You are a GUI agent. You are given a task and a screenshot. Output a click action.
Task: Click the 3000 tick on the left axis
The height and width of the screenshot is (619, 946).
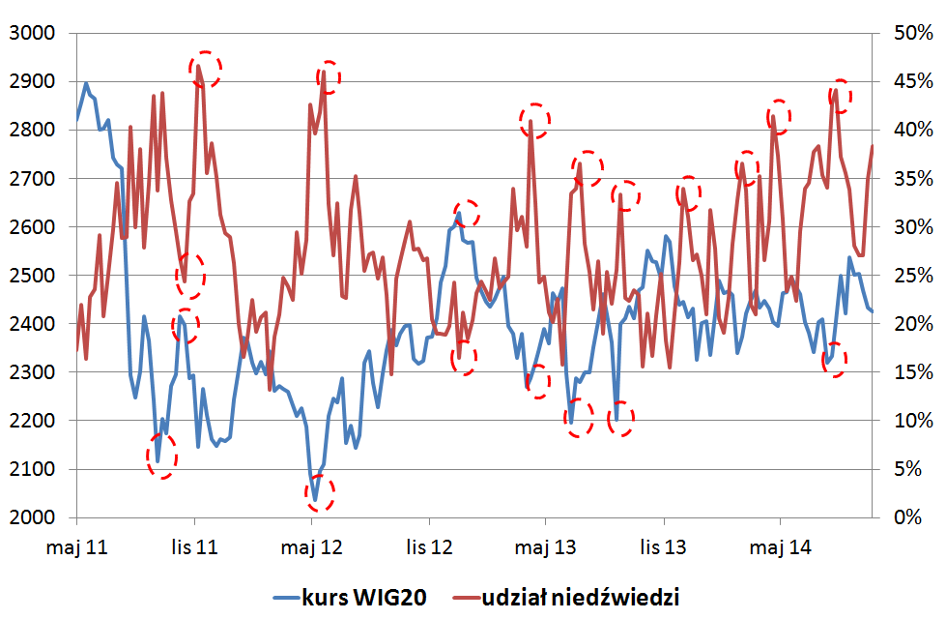pos(32,33)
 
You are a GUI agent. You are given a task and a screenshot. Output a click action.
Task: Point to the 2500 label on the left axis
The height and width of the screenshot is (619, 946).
pos(32,276)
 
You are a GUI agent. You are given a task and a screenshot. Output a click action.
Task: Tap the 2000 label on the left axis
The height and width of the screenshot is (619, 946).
pos(32,517)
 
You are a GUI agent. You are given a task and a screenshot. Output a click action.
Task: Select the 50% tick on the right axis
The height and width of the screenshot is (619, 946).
pos(913,33)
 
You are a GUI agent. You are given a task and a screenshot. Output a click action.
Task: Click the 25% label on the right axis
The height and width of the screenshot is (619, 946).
pos(913,276)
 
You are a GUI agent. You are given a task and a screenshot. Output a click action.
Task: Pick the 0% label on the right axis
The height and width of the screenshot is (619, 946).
pos(907,517)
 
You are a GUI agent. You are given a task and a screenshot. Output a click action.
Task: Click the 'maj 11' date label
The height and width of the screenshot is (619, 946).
pos(76,547)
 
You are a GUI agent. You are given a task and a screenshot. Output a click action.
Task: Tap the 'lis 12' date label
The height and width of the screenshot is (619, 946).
pos(429,547)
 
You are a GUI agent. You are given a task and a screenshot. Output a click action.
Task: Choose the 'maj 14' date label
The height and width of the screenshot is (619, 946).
pos(780,547)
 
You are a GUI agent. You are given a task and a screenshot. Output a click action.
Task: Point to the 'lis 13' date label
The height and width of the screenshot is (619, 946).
pos(663,547)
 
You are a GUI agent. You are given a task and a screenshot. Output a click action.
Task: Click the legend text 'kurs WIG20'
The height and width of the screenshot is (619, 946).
pos(363,598)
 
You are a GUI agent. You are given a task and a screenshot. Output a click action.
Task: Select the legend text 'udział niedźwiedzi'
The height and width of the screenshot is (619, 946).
pos(581,598)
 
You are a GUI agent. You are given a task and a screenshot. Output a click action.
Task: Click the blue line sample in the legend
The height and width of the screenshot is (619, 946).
pos(286,598)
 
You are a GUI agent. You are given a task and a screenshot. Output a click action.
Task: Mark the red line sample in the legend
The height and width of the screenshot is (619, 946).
pos(467,598)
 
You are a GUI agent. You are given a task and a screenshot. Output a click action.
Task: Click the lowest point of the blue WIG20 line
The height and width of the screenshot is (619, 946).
pos(315,500)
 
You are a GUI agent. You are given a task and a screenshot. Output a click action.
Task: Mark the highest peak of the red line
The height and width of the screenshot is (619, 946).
pos(198,66)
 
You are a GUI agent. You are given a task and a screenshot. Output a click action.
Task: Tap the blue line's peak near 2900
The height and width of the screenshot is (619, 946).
pos(86,83)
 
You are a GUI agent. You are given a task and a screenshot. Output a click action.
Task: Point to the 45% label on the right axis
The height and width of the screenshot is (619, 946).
pos(913,81)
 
